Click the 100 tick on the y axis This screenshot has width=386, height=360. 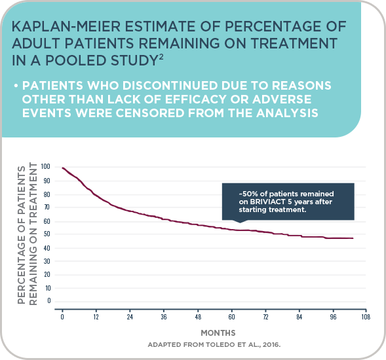click(45, 167)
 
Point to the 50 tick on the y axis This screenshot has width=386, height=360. click(47, 234)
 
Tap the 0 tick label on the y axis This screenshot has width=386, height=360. click(49, 300)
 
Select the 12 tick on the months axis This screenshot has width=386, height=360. click(96, 317)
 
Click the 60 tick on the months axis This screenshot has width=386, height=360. click(231, 317)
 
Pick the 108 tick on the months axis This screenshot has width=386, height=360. click(366, 317)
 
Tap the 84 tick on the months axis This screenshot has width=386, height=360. click(299, 317)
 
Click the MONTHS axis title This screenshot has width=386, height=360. click(218, 333)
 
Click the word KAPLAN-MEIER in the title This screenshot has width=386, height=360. click(66, 26)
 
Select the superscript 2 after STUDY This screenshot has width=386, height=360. click(161, 57)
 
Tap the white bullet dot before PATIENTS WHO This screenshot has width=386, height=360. click(16, 86)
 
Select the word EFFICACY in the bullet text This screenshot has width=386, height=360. click(196, 99)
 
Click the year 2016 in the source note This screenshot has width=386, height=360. click(271, 345)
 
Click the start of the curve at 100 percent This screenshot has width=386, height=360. click(62, 168)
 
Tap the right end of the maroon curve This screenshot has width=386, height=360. click(353, 238)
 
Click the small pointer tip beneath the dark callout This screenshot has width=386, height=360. click(240, 223)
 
